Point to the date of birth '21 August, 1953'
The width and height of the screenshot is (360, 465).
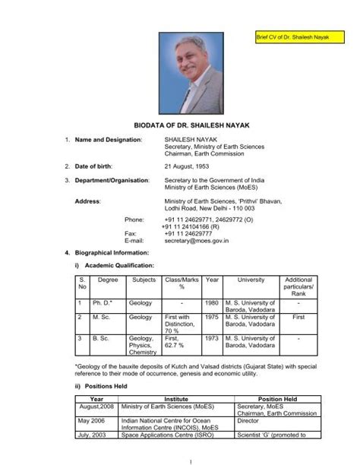(x=190, y=166)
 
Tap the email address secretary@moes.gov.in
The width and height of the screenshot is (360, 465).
(x=202, y=238)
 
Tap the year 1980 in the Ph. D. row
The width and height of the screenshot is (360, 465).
(x=212, y=302)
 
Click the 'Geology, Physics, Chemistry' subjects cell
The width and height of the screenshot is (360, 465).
(x=142, y=346)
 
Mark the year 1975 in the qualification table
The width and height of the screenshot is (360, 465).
(x=212, y=318)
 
